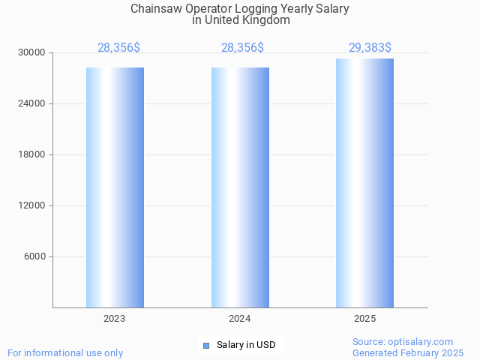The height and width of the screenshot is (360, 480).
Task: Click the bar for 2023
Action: point(115,187)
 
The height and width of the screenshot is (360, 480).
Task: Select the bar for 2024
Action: point(240,187)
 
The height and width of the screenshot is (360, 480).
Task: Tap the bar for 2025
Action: point(364,183)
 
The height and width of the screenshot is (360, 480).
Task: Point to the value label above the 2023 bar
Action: point(118,48)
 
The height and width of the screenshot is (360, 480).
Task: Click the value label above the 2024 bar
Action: point(242,48)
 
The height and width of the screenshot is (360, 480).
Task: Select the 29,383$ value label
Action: point(370,48)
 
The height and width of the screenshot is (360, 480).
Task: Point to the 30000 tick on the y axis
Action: point(32,52)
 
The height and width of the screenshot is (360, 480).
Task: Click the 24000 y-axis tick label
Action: point(32,103)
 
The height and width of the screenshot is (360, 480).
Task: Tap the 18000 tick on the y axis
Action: point(32,154)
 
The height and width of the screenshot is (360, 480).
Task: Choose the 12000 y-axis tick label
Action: point(32,205)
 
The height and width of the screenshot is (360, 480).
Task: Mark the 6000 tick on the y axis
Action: point(34,256)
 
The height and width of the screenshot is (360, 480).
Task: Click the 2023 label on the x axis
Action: point(115,319)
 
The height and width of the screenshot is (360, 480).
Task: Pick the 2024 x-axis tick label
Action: point(240,319)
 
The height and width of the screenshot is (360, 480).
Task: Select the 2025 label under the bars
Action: point(364,319)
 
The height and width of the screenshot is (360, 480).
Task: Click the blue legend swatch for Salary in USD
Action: point(206,345)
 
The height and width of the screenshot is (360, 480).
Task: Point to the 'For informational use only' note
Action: point(65,352)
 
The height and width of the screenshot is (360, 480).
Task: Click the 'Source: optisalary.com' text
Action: point(403,341)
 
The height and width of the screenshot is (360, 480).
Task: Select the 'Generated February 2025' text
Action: point(408,352)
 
